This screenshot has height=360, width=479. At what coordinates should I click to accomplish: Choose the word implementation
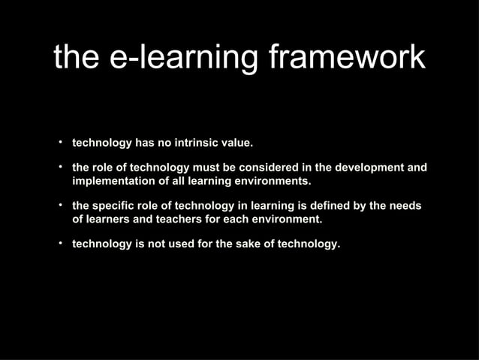(112, 181)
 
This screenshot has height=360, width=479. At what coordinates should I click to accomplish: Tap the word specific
(115, 206)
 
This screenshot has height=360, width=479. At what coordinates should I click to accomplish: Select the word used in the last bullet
(179, 244)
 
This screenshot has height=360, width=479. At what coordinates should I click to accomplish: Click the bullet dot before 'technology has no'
(59, 141)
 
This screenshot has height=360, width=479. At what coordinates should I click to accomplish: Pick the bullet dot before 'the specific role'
(59, 205)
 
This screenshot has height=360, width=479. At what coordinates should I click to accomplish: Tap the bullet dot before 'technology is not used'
(59, 244)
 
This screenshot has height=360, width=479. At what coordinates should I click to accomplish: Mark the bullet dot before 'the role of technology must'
(59, 166)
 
